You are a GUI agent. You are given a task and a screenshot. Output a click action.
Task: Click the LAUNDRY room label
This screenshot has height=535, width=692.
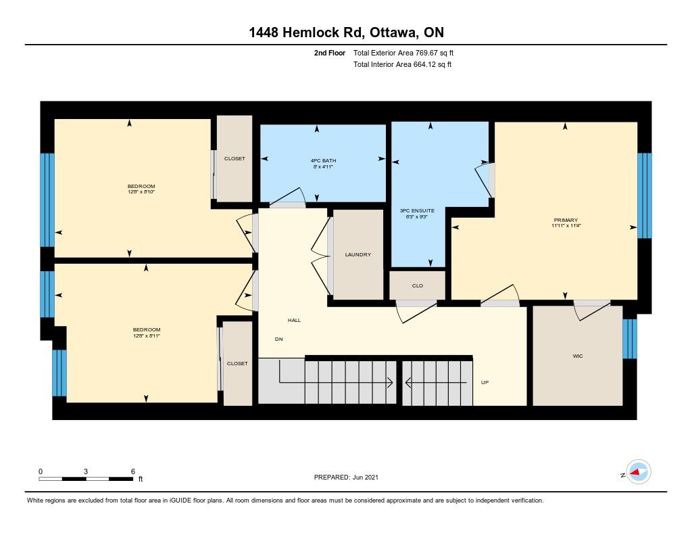pos(358,254)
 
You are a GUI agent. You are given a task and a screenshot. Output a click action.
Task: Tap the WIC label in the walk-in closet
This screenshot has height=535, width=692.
pos(578,356)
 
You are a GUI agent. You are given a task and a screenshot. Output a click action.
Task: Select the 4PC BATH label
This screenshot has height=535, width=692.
pos(323,161)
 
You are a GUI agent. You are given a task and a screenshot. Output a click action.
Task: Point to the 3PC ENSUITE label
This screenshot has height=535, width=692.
pos(417,211)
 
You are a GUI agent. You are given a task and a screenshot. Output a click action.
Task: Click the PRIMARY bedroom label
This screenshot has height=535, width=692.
pos(566,220)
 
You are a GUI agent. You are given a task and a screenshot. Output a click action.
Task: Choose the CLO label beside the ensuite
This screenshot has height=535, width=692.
pos(418,286)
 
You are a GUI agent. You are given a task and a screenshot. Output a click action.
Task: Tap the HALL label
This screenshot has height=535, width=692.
pos(295,321)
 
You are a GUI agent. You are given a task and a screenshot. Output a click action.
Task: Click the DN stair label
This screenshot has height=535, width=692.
pos(279,340)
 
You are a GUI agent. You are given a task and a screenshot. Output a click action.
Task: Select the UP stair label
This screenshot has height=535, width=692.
pos(485,383)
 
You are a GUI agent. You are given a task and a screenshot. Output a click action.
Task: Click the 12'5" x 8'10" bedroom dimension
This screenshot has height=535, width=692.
pos(141,192)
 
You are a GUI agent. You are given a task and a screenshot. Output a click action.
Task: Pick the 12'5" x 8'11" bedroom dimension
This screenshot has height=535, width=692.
pos(147,335)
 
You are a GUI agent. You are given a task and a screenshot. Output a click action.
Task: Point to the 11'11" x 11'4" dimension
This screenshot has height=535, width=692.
pos(566,226)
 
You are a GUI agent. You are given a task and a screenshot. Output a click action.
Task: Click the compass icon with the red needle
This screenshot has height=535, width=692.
pos(639,472)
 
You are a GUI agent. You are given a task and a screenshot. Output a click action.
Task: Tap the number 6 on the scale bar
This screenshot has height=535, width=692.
pos(133,471)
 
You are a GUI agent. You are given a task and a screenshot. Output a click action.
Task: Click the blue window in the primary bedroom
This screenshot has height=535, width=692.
pos(645,195)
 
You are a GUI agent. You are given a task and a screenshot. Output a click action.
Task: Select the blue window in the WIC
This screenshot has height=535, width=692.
pos(630,339)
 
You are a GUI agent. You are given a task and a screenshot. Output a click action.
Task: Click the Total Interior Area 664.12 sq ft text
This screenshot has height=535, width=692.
pos(402,64)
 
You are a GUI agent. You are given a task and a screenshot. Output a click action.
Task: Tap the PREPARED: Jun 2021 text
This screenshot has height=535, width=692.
pos(346,477)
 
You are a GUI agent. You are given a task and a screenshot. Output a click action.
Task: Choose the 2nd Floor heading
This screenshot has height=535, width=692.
pos(330,53)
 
